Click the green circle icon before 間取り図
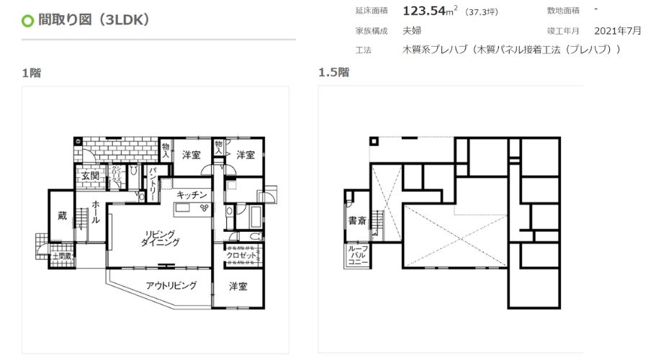[x=28, y=20]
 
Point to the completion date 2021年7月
[x=618, y=31]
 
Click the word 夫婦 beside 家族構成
[x=413, y=31]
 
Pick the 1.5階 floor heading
[x=333, y=72]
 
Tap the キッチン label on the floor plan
[x=192, y=194]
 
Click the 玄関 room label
[x=90, y=176]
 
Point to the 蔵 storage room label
[x=62, y=215]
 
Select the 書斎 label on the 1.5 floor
[x=358, y=221]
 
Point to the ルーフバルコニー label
[x=358, y=256]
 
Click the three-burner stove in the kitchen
[x=204, y=207]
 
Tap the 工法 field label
[x=363, y=50]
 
